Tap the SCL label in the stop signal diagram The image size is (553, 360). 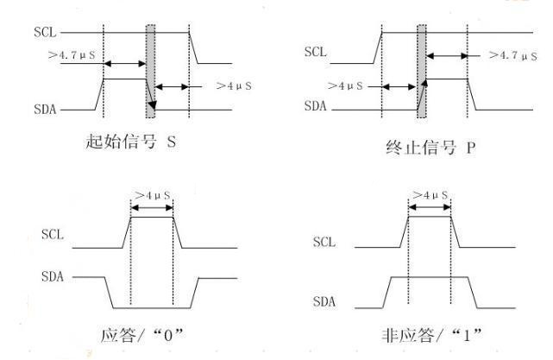[317, 52]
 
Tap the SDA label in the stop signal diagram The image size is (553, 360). [317, 108]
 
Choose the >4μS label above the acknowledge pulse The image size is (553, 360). [151, 195]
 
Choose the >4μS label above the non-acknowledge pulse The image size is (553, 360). [429, 195]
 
